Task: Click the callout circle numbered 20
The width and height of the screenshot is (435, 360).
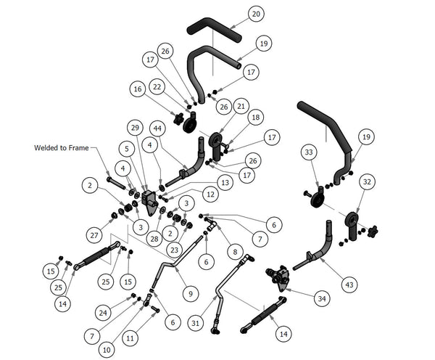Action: click(256, 14)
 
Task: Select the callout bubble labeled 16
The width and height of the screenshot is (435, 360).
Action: click(138, 89)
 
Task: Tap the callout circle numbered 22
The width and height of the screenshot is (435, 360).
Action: click(157, 87)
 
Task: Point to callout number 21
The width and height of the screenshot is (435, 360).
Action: click(241, 106)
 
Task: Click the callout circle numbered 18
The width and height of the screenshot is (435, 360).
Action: click(255, 118)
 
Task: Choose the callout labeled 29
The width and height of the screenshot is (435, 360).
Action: click(135, 128)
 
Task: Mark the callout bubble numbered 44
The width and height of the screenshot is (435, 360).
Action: click(157, 128)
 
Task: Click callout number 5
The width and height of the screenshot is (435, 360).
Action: click(127, 149)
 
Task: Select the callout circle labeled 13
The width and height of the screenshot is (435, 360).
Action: click(225, 182)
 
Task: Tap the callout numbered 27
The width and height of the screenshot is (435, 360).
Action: click(94, 235)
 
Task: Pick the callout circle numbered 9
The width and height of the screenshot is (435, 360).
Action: click(190, 294)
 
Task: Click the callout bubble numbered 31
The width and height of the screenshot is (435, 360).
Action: click(196, 323)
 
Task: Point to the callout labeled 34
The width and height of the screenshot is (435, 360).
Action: click(322, 298)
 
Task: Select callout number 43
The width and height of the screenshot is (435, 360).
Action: click(349, 285)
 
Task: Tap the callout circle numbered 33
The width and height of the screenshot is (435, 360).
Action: click(309, 152)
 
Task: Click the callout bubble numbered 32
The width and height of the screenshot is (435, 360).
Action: click(367, 182)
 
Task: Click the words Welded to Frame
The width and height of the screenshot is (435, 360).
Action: click(62, 148)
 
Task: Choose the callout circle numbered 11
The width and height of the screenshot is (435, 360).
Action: click(130, 338)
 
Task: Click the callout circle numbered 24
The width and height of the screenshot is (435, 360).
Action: click(103, 313)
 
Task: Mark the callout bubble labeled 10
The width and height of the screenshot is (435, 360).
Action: click(107, 350)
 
